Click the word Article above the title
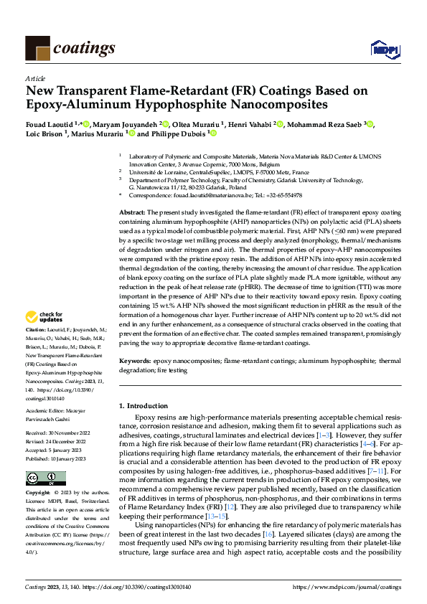click(35, 79)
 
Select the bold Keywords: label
click(135, 362)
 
